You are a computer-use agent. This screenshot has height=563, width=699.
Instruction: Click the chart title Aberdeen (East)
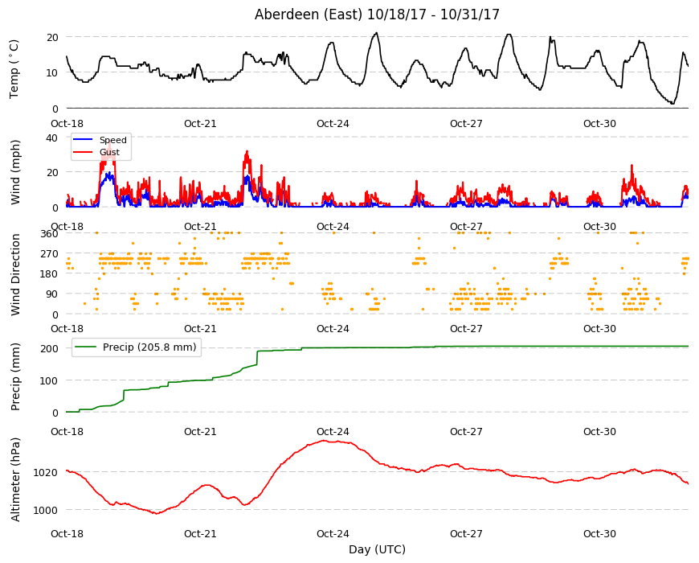(x=308, y=14)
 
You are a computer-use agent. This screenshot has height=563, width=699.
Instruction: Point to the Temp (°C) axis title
(x=14, y=69)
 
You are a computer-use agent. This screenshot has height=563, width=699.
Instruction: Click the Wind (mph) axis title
(x=15, y=172)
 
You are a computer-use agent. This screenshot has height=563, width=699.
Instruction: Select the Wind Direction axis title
(x=15, y=274)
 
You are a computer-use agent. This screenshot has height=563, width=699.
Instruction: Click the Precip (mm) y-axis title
(x=15, y=376)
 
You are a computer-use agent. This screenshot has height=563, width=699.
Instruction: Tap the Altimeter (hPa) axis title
(x=15, y=479)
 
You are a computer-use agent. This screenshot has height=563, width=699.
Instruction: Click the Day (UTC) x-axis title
(x=377, y=549)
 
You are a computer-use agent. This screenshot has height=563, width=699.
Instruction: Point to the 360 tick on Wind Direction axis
(x=49, y=233)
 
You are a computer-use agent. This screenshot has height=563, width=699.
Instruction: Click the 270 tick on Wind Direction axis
(x=49, y=254)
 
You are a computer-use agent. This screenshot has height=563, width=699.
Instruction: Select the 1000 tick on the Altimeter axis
(x=46, y=510)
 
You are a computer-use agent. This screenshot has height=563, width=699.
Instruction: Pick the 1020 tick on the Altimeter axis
(x=46, y=472)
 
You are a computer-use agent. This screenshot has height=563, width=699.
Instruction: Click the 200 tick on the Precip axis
(x=49, y=348)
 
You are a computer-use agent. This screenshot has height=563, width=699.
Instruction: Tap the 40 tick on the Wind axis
(x=52, y=138)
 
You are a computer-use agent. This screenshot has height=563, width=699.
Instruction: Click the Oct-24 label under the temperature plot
(x=333, y=124)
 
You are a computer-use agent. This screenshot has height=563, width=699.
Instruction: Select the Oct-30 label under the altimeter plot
(x=599, y=533)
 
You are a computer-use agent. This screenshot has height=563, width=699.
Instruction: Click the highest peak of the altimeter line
(x=324, y=441)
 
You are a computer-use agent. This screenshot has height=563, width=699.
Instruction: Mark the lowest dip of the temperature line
(x=672, y=104)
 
